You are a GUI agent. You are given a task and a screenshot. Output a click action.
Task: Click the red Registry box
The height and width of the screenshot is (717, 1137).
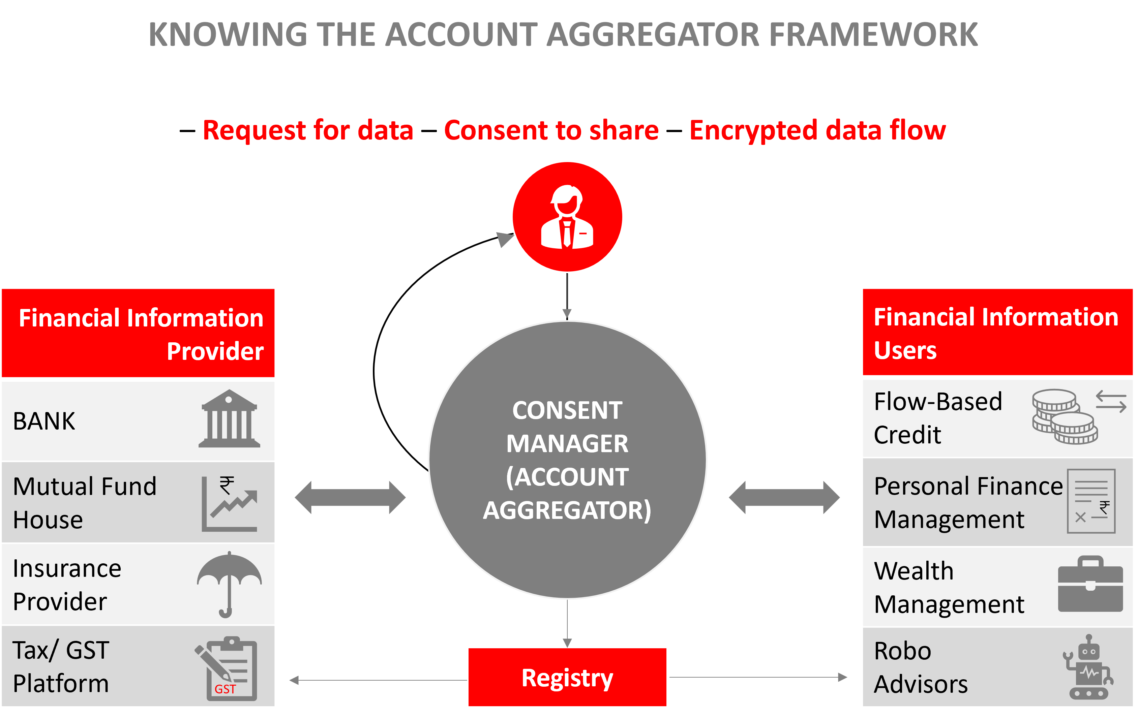click(x=567, y=677)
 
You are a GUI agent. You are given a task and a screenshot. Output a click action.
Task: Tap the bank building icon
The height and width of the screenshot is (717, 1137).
click(x=229, y=419)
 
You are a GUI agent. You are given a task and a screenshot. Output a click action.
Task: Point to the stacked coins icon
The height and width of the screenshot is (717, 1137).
click(x=1064, y=416)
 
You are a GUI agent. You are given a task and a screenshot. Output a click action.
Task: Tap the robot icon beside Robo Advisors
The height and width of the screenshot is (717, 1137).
click(x=1088, y=666)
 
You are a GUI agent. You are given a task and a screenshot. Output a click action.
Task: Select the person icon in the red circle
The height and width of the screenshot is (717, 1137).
click(x=567, y=217)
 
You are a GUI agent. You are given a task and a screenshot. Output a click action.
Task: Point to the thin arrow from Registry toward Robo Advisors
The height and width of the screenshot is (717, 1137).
click(x=758, y=677)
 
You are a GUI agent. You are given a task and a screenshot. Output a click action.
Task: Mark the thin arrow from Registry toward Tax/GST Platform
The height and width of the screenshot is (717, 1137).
click(x=378, y=680)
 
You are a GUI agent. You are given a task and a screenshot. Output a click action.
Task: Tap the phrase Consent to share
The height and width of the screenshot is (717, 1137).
click(x=551, y=130)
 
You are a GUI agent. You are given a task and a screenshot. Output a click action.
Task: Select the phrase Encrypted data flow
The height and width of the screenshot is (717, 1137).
click(x=817, y=130)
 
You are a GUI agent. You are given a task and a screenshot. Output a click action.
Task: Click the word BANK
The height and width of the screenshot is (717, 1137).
click(x=44, y=421)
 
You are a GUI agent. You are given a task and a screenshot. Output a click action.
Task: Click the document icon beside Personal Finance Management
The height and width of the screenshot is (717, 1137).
click(x=1091, y=501)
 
